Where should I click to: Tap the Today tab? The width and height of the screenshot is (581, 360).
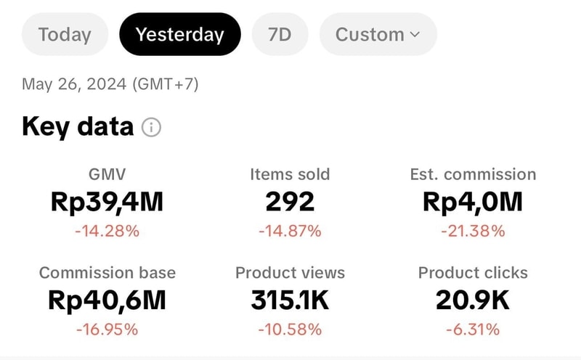(65, 34)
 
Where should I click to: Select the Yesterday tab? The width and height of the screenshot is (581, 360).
(179, 34)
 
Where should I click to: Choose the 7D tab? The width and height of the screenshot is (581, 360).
(280, 34)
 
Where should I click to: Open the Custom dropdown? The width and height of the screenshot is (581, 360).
(378, 34)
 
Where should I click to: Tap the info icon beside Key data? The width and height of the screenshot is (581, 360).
(151, 128)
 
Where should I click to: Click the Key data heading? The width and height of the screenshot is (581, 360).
(78, 127)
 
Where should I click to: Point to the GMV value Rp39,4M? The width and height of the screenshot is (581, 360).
(107, 202)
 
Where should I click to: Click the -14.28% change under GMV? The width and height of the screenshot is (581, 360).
(107, 232)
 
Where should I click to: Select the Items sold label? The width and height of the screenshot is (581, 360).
(290, 174)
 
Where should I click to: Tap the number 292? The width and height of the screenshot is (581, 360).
(290, 202)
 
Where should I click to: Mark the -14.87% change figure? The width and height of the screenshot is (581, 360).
(290, 232)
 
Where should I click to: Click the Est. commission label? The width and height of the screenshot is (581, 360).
(473, 174)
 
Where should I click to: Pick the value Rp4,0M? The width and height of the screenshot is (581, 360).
(473, 202)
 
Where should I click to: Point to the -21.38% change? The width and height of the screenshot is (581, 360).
(473, 232)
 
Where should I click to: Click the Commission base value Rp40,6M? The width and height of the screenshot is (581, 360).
(107, 300)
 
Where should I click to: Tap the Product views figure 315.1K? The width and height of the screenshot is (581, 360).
(290, 300)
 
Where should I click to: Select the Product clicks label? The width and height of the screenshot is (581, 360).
(473, 273)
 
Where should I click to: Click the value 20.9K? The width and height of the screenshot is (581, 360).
(473, 300)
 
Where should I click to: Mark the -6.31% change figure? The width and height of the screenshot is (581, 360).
(473, 330)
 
